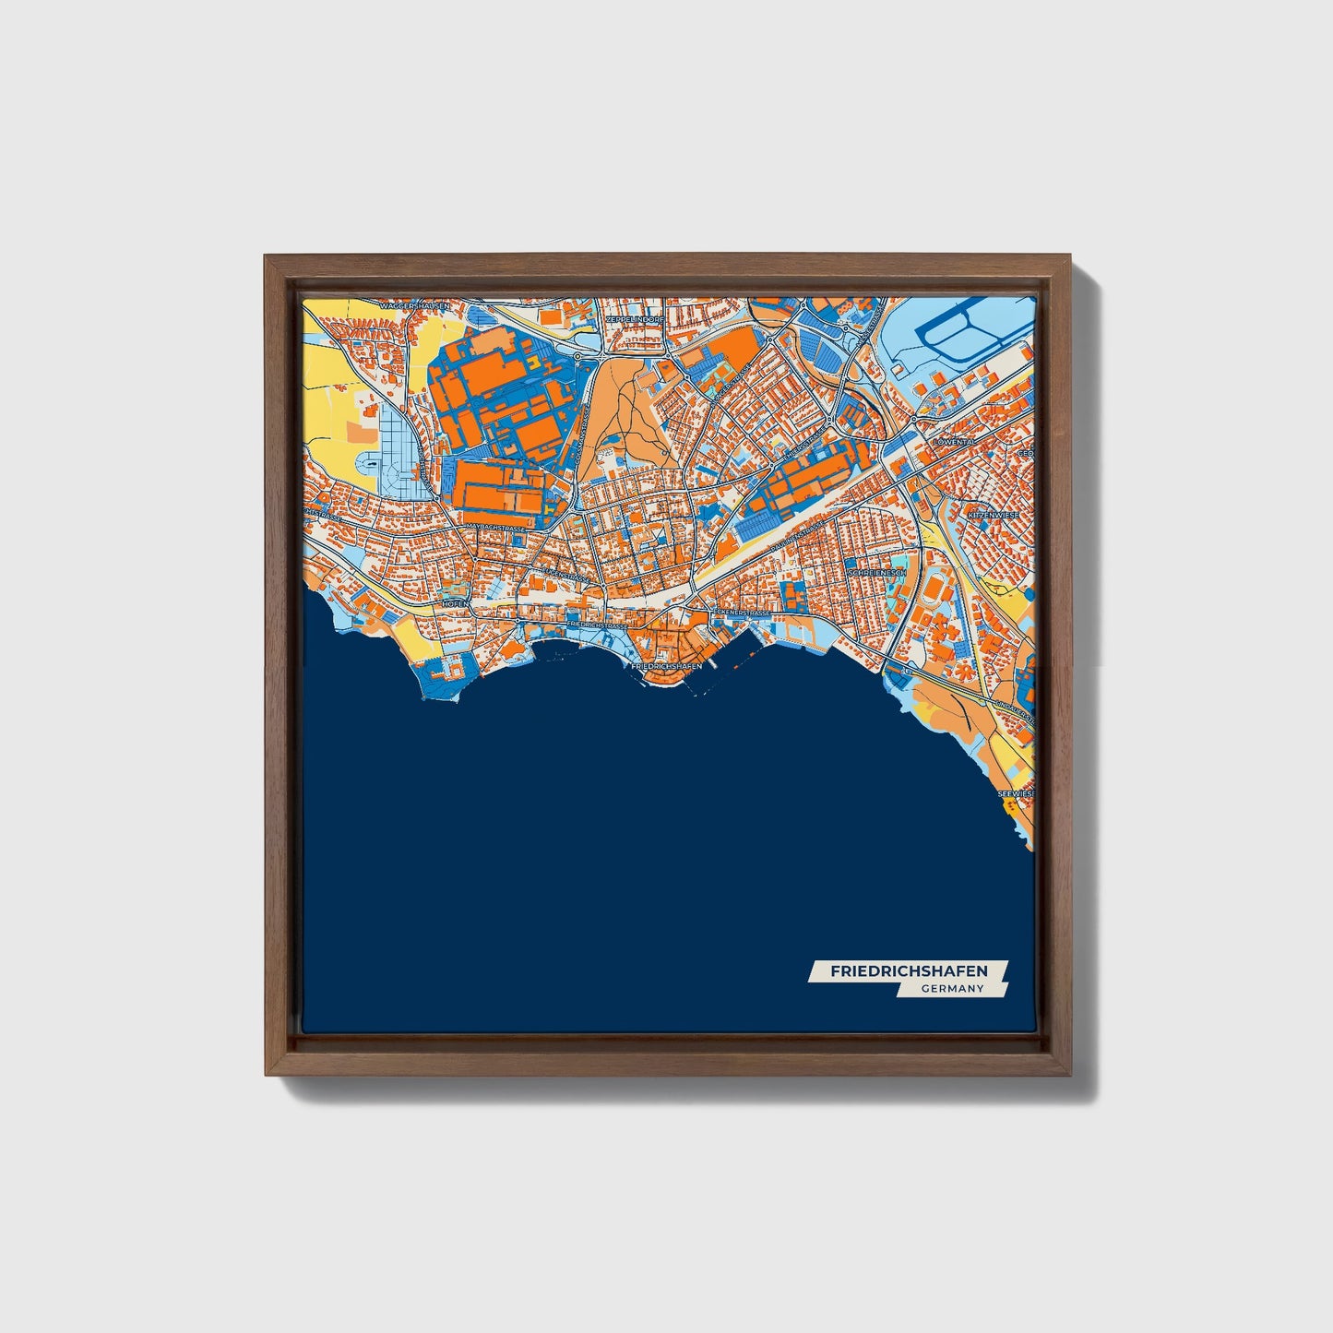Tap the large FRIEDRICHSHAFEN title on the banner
[909, 971]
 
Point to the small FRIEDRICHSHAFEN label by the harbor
[667, 665]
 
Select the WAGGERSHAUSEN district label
[414, 304]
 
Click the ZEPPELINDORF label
[635, 319]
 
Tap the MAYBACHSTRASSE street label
[495, 527]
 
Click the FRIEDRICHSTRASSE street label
[598, 625]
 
